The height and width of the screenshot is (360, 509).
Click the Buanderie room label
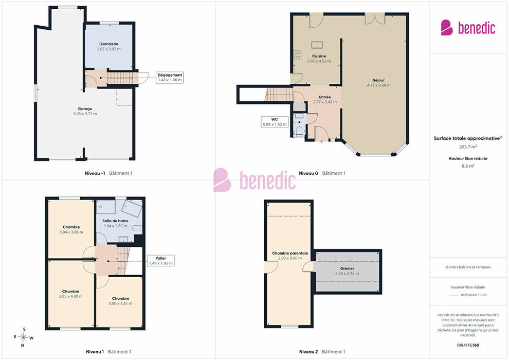[x=109, y=44]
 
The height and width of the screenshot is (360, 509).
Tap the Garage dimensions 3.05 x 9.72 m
[x=85, y=114]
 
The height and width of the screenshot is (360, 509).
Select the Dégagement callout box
[x=170, y=77]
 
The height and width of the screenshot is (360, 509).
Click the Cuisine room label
[x=319, y=56]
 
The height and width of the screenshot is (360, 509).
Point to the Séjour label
[x=378, y=80]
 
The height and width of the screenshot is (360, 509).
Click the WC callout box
[x=275, y=122]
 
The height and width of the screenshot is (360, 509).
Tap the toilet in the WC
[x=300, y=131]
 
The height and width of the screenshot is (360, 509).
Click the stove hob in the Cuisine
[x=297, y=55]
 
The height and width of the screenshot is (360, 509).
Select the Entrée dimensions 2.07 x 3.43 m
[x=324, y=102]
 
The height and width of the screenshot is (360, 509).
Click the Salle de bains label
[x=115, y=221]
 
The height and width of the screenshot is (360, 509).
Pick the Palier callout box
[x=161, y=261]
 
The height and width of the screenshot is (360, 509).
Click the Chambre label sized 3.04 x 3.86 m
[x=71, y=227]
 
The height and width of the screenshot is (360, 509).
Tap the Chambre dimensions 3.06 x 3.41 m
[x=120, y=304]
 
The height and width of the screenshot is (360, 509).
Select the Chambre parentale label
[x=290, y=253]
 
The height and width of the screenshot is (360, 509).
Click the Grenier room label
[x=347, y=268]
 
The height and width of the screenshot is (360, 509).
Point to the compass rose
[x=23, y=337]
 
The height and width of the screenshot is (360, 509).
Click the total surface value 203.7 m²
[x=468, y=147]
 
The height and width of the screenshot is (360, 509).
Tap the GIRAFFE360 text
[x=468, y=345]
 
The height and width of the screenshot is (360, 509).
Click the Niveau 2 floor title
[x=308, y=352]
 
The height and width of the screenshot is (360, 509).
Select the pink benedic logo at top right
[x=468, y=28]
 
